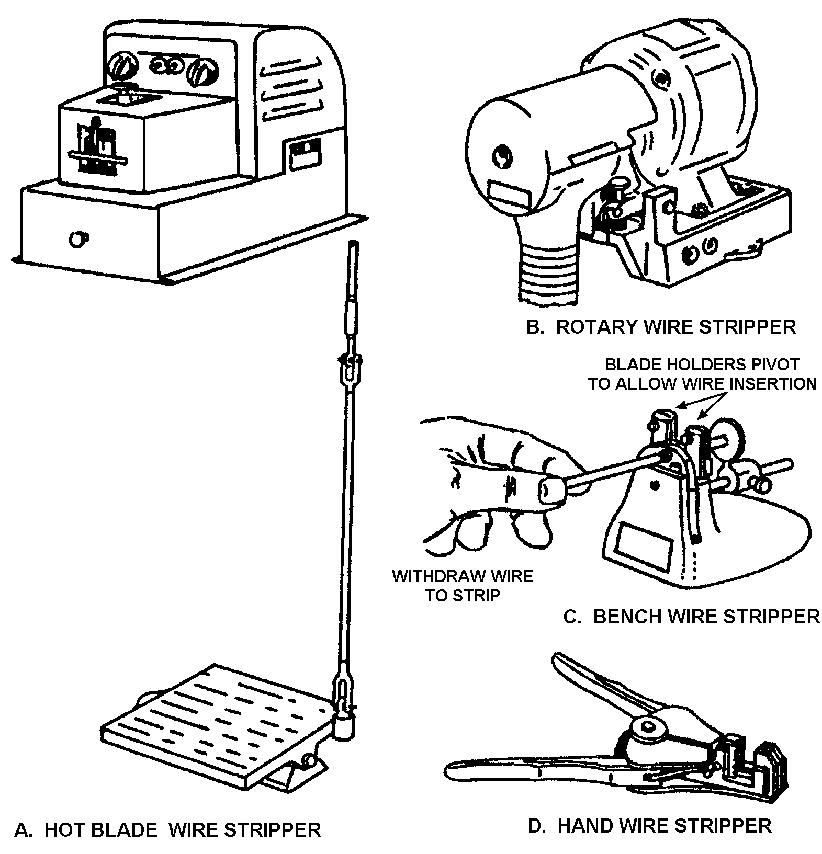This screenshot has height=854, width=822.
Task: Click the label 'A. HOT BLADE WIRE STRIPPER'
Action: [x=167, y=829]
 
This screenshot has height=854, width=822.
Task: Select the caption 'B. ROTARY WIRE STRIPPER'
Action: [x=661, y=326]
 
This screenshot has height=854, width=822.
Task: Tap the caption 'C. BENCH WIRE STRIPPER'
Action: [x=691, y=617]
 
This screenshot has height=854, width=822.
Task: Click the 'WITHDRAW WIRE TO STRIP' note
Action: [x=462, y=586]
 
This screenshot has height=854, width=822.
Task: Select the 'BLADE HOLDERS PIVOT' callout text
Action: [x=702, y=363]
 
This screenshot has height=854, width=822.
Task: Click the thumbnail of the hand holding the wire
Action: [x=549, y=491]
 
